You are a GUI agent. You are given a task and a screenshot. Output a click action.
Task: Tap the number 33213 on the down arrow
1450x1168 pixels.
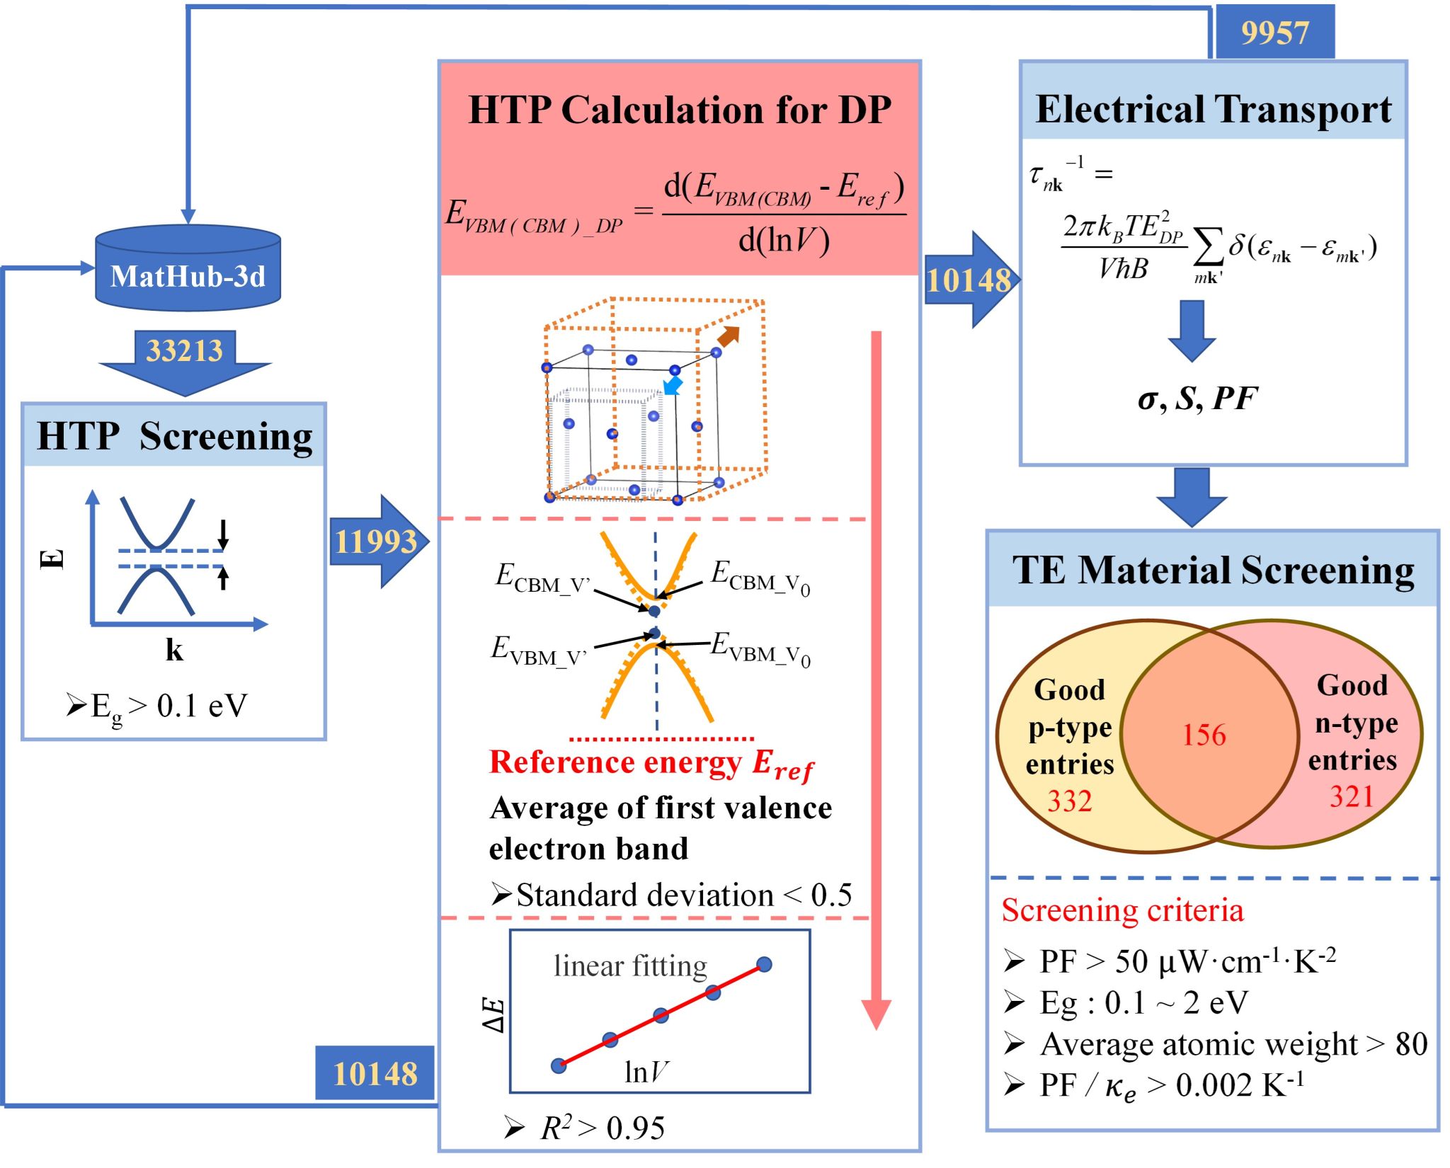click(x=184, y=350)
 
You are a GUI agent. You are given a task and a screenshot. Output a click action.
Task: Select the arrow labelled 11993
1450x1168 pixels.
click(x=377, y=542)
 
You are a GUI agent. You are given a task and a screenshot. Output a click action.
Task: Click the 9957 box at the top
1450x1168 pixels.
click(x=1274, y=33)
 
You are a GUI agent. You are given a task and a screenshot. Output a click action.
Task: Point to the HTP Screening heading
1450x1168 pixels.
click(x=174, y=436)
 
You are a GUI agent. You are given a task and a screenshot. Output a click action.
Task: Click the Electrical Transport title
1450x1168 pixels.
click(x=1213, y=110)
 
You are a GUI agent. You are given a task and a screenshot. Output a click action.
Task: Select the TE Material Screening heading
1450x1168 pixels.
click(x=1213, y=570)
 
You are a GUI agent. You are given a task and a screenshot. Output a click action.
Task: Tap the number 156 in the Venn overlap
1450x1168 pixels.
click(x=1204, y=735)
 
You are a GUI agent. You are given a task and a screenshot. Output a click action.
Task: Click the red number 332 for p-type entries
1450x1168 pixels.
click(x=1069, y=801)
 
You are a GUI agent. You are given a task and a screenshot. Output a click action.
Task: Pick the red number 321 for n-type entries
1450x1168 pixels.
click(x=1351, y=796)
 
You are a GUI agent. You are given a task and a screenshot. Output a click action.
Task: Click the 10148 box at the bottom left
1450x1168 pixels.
click(x=375, y=1073)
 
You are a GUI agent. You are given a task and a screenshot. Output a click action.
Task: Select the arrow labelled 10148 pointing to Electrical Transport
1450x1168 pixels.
click(x=969, y=280)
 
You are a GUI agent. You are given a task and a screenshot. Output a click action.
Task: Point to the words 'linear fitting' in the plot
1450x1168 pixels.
click(x=630, y=966)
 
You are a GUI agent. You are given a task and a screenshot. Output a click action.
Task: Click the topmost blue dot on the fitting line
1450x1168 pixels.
click(x=764, y=964)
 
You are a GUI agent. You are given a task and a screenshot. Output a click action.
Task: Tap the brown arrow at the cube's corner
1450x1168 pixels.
click(x=729, y=336)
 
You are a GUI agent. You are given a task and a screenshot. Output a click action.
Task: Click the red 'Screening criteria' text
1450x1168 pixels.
click(x=1122, y=910)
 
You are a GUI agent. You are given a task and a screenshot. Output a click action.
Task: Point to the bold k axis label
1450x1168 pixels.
click(x=174, y=650)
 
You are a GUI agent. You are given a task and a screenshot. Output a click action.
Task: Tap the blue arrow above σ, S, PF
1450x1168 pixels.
click(x=1192, y=330)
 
